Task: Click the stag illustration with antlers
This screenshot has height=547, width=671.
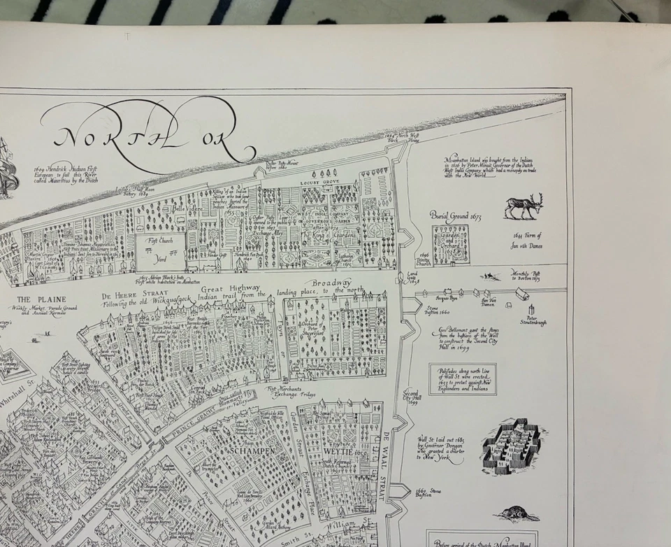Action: pyautogui.click(x=524, y=206)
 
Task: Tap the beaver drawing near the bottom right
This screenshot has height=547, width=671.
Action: pyautogui.click(x=517, y=515)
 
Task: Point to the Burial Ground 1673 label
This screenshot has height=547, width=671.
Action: pyautogui.click(x=455, y=215)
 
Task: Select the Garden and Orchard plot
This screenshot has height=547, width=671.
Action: pyautogui.click(x=451, y=245)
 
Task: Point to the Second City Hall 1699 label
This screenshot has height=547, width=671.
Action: pyautogui.click(x=411, y=397)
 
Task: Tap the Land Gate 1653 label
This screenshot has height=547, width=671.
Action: pyautogui.click(x=412, y=277)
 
